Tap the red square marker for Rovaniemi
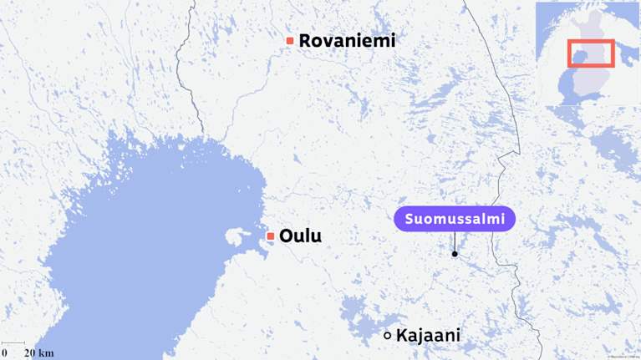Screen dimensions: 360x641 click(x=290, y=40)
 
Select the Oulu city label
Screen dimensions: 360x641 click(x=300, y=236)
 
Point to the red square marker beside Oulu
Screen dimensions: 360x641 click(x=271, y=236)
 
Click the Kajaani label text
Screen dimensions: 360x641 click(x=428, y=336)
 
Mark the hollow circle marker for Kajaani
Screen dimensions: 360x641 click(x=387, y=336)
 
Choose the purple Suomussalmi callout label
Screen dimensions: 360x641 click(x=455, y=219)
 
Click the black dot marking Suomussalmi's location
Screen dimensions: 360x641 click(x=455, y=254)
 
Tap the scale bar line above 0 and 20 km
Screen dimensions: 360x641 click(x=13, y=343)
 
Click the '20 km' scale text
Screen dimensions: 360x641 click(x=38, y=352)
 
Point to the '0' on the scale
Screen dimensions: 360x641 click(x=4, y=352)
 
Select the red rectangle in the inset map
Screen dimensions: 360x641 click(x=591, y=53)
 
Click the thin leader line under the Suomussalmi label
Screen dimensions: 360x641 click(x=455, y=242)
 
